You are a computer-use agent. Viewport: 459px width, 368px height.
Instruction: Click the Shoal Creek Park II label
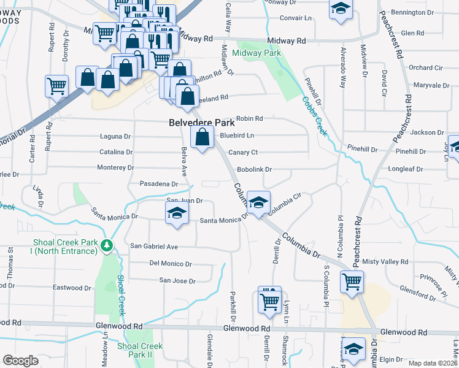pos(140,350)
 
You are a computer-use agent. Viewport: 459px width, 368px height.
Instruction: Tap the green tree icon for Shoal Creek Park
pos(107,245)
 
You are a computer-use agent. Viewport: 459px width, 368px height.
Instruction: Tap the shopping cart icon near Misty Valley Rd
pos(352,282)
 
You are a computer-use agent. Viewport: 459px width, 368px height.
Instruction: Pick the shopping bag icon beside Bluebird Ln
pos(202,138)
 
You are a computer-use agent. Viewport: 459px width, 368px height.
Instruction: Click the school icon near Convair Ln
pos(339,10)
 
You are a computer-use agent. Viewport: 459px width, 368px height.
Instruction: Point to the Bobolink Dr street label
pos(254,169)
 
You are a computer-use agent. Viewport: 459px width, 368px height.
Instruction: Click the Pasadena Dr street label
pos(158,183)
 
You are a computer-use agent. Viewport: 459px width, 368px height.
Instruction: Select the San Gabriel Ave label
pos(153,247)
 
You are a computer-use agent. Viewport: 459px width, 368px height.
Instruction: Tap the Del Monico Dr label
pos(171,264)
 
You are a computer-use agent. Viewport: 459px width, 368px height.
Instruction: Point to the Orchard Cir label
pos(426,67)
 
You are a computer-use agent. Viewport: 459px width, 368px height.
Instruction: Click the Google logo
pos(21,361)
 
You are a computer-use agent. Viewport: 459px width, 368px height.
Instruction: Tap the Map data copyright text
pos(433,363)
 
